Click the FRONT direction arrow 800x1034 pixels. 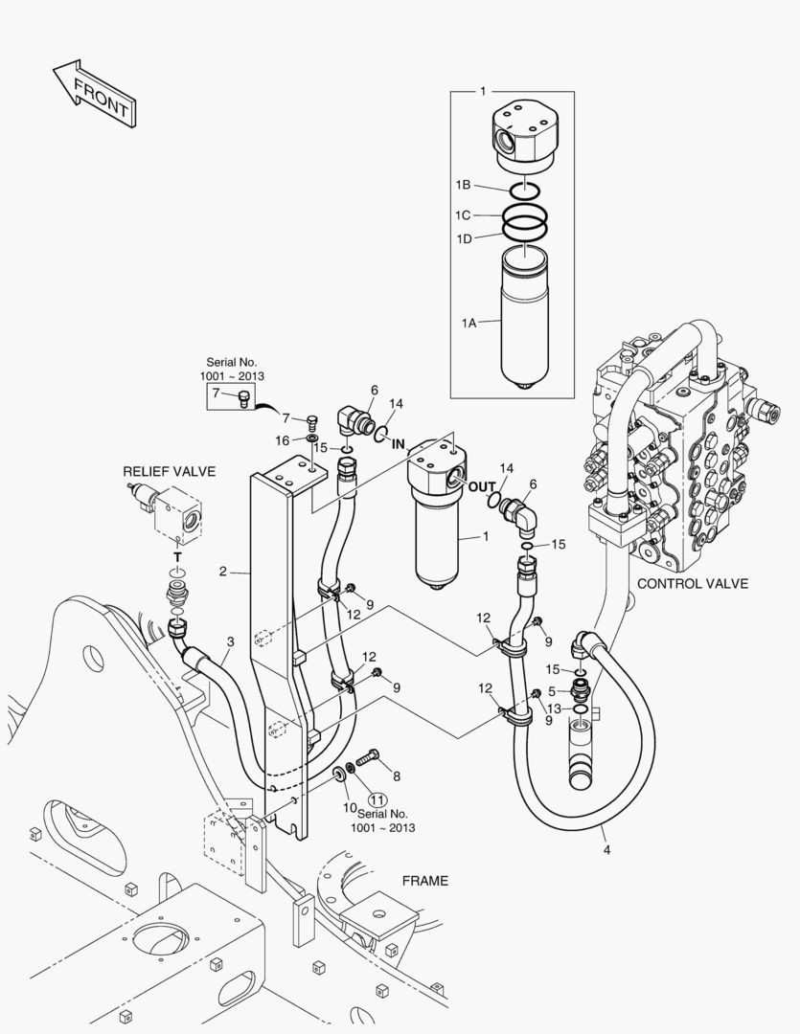(x=95, y=94)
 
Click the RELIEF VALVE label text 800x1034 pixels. (x=169, y=471)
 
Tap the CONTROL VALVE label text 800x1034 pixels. (x=693, y=584)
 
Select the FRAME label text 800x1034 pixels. (x=425, y=881)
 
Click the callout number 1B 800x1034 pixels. (x=464, y=186)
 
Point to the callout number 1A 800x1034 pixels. (x=469, y=323)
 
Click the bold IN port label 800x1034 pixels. (x=398, y=444)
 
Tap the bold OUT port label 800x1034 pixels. (x=482, y=486)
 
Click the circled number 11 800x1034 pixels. (x=377, y=799)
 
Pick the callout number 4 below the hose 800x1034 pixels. (x=606, y=850)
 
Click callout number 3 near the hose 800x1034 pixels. (x=230, y=641)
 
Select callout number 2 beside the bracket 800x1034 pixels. (x=223, y=571)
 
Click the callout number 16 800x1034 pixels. (x=283, y=440)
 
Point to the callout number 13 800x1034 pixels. (x=555, y=708)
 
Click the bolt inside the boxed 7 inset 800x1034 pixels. (x=243, y=398)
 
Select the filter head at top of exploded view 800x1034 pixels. (x=526, y=138)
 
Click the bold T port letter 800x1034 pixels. (x=177, y=557)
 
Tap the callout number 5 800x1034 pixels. (x=553, y=692)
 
